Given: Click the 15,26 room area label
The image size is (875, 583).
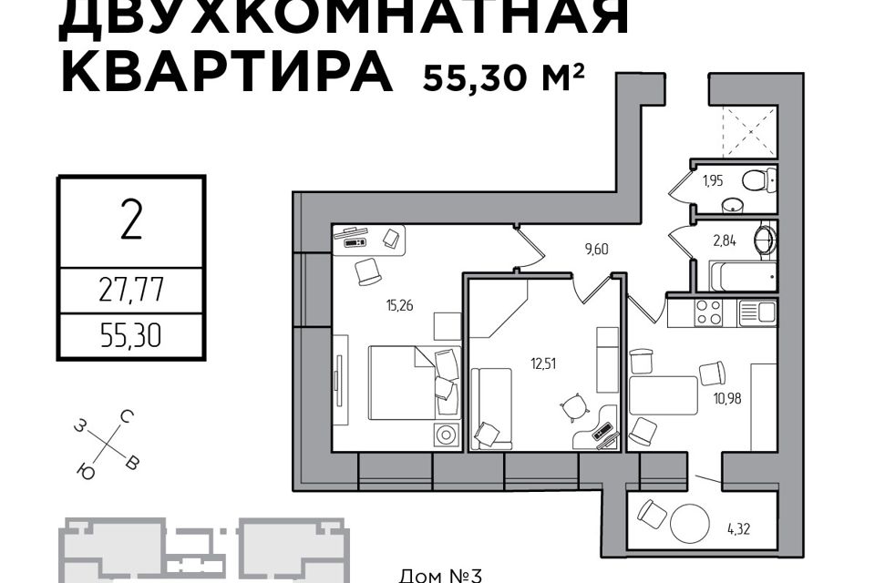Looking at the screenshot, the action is pos(399,305).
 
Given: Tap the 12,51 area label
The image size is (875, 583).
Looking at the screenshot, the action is pos(543,364).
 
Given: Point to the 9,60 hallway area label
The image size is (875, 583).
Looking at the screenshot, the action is pos(596,249).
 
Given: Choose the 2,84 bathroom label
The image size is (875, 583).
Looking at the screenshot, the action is pos(725,241).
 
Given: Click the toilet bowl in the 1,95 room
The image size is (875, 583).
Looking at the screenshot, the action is pos(759,179).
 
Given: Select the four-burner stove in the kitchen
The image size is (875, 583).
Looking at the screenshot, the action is pos(708,312).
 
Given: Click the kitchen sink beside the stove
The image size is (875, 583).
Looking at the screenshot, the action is pos(757,312).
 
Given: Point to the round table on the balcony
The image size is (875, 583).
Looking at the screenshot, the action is pos(690,524).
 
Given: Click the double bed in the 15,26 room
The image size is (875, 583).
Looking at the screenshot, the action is pos(415,383).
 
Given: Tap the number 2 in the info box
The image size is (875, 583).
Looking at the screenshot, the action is pos(131,220).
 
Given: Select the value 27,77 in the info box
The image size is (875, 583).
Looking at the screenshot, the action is pos(131,290).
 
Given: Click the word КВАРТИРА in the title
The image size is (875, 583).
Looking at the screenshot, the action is pos(227,71).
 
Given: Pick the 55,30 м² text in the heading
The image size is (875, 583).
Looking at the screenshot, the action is pos(504,77).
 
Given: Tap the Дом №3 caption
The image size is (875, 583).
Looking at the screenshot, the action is pos(441,575).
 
